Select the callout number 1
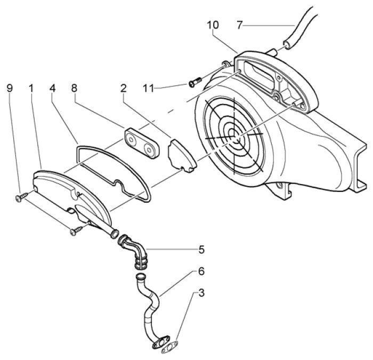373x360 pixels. pos(31,87)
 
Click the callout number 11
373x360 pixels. pos(149,86)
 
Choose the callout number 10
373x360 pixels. pos(213,25)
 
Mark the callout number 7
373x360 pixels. pos(240,25)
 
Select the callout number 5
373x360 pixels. pos(201,249)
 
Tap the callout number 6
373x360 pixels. pos(201,271)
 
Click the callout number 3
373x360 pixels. pos(201,293)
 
